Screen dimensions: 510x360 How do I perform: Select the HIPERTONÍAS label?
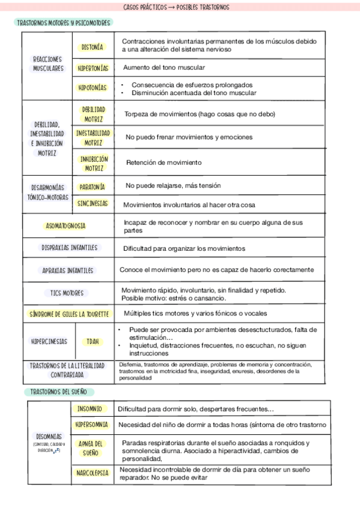point(93,68)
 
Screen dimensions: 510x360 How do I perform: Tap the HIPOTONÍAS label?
point(93,88)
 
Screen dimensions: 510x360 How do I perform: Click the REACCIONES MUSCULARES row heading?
point(47,64)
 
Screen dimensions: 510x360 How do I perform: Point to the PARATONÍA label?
point(93,186)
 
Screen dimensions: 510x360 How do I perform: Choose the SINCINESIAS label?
point(93,203)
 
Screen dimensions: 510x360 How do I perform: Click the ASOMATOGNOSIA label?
point(66,226)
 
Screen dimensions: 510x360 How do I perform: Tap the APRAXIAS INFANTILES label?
point(68,270)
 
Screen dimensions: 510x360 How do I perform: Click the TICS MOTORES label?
point(67,293)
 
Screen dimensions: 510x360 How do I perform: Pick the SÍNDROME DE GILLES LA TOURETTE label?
point(70,314)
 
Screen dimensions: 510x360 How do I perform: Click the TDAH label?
point(93,342)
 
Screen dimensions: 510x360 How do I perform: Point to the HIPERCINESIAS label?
point(49,341)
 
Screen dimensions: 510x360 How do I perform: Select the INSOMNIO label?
point(90,408)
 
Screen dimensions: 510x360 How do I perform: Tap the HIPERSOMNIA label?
point(92,425)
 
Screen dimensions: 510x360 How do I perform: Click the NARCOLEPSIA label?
point(92,473)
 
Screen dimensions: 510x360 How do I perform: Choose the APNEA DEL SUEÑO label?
point(91,448)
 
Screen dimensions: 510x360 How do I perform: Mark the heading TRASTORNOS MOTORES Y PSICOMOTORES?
point(64,22)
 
